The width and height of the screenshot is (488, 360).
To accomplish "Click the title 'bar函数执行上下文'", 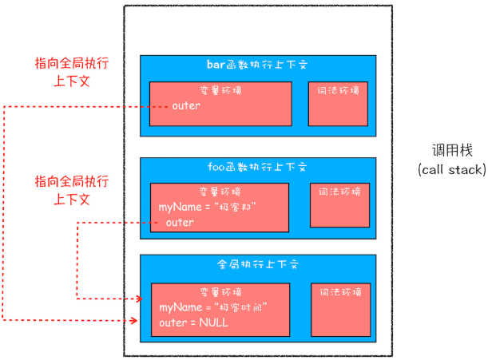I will pyautogui.click(x=256, y=65).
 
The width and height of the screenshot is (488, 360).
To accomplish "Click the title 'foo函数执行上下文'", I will pyautogui.click(x=256, y=168).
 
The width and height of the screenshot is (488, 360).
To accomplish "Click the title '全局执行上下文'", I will pyautogui.click(x=256, y=264).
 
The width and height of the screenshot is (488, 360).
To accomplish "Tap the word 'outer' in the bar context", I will pyautogui.click(x=186, y=105).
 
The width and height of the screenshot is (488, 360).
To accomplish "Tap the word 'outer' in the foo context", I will pyautogui.click(x=180, y=223).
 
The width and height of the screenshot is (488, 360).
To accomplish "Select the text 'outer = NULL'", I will pyautogui.click(x=193, y=322).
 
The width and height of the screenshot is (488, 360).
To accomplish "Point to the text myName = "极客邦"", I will pyautogui.click(x=212, y=208).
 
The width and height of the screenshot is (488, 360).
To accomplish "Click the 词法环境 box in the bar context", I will pyautogui.click(x=338, y=102).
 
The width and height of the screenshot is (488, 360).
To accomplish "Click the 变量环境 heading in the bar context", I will pyautogui.click(x=220, y=90).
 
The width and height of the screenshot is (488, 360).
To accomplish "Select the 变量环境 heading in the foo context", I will pyautogui.click(x=220, y=192).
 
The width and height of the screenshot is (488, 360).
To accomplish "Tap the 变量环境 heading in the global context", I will pyautogui.click(x=220, y=291).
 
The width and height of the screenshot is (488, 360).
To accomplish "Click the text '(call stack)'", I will pyautogui.click(x=450, y=169).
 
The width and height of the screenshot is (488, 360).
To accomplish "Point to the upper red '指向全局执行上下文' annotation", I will pyautogui.click(x=71, y=71).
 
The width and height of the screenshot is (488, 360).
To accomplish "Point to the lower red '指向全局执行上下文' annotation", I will pyautogui.click(x=71, y=190).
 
